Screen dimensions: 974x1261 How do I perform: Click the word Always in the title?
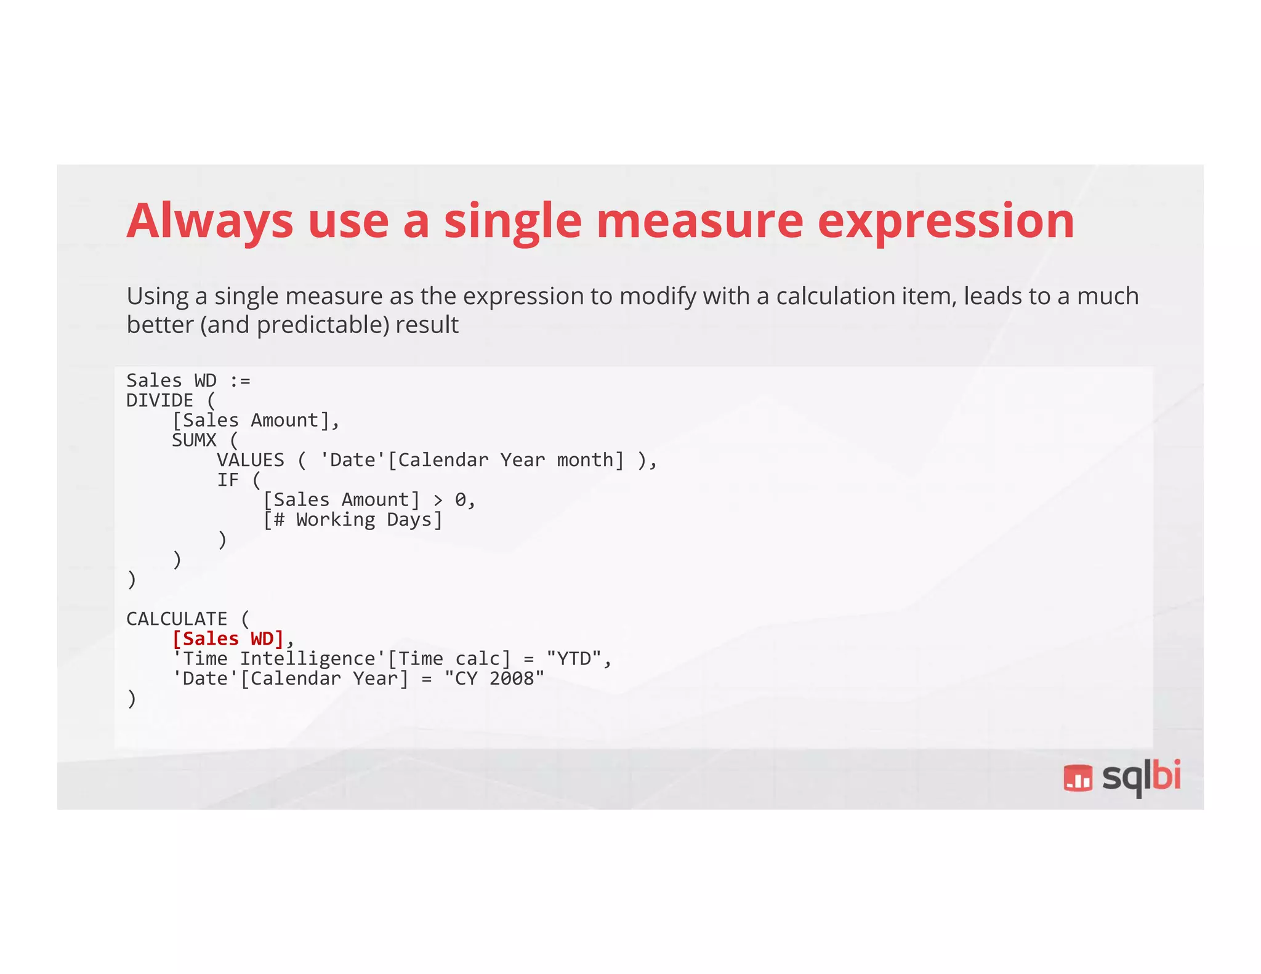tap(210, 222)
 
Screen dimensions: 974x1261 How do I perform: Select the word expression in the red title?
tap(946, 222)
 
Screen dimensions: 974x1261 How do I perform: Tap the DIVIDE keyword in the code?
tap(159, 401)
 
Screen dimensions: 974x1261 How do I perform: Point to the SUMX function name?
tap(194, 440)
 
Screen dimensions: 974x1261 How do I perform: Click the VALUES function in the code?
tap(250, 460)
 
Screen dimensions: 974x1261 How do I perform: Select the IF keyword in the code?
tap(227, 480)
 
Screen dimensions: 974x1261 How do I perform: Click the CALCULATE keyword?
tap(177, 619)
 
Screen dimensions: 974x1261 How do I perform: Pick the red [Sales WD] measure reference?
tap(228, 639)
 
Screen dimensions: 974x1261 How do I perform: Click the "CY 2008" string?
tap(494, 678)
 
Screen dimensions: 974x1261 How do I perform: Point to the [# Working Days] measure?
tap(353, 520)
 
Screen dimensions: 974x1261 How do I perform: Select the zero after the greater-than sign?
tap(461, 500)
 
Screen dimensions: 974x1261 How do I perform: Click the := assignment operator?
tap(240, 381)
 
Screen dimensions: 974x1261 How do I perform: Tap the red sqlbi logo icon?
tap(1078, 778)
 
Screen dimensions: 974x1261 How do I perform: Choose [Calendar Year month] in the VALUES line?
tap(506, 460)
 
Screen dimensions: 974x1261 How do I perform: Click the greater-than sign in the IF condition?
tap(438, 500)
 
